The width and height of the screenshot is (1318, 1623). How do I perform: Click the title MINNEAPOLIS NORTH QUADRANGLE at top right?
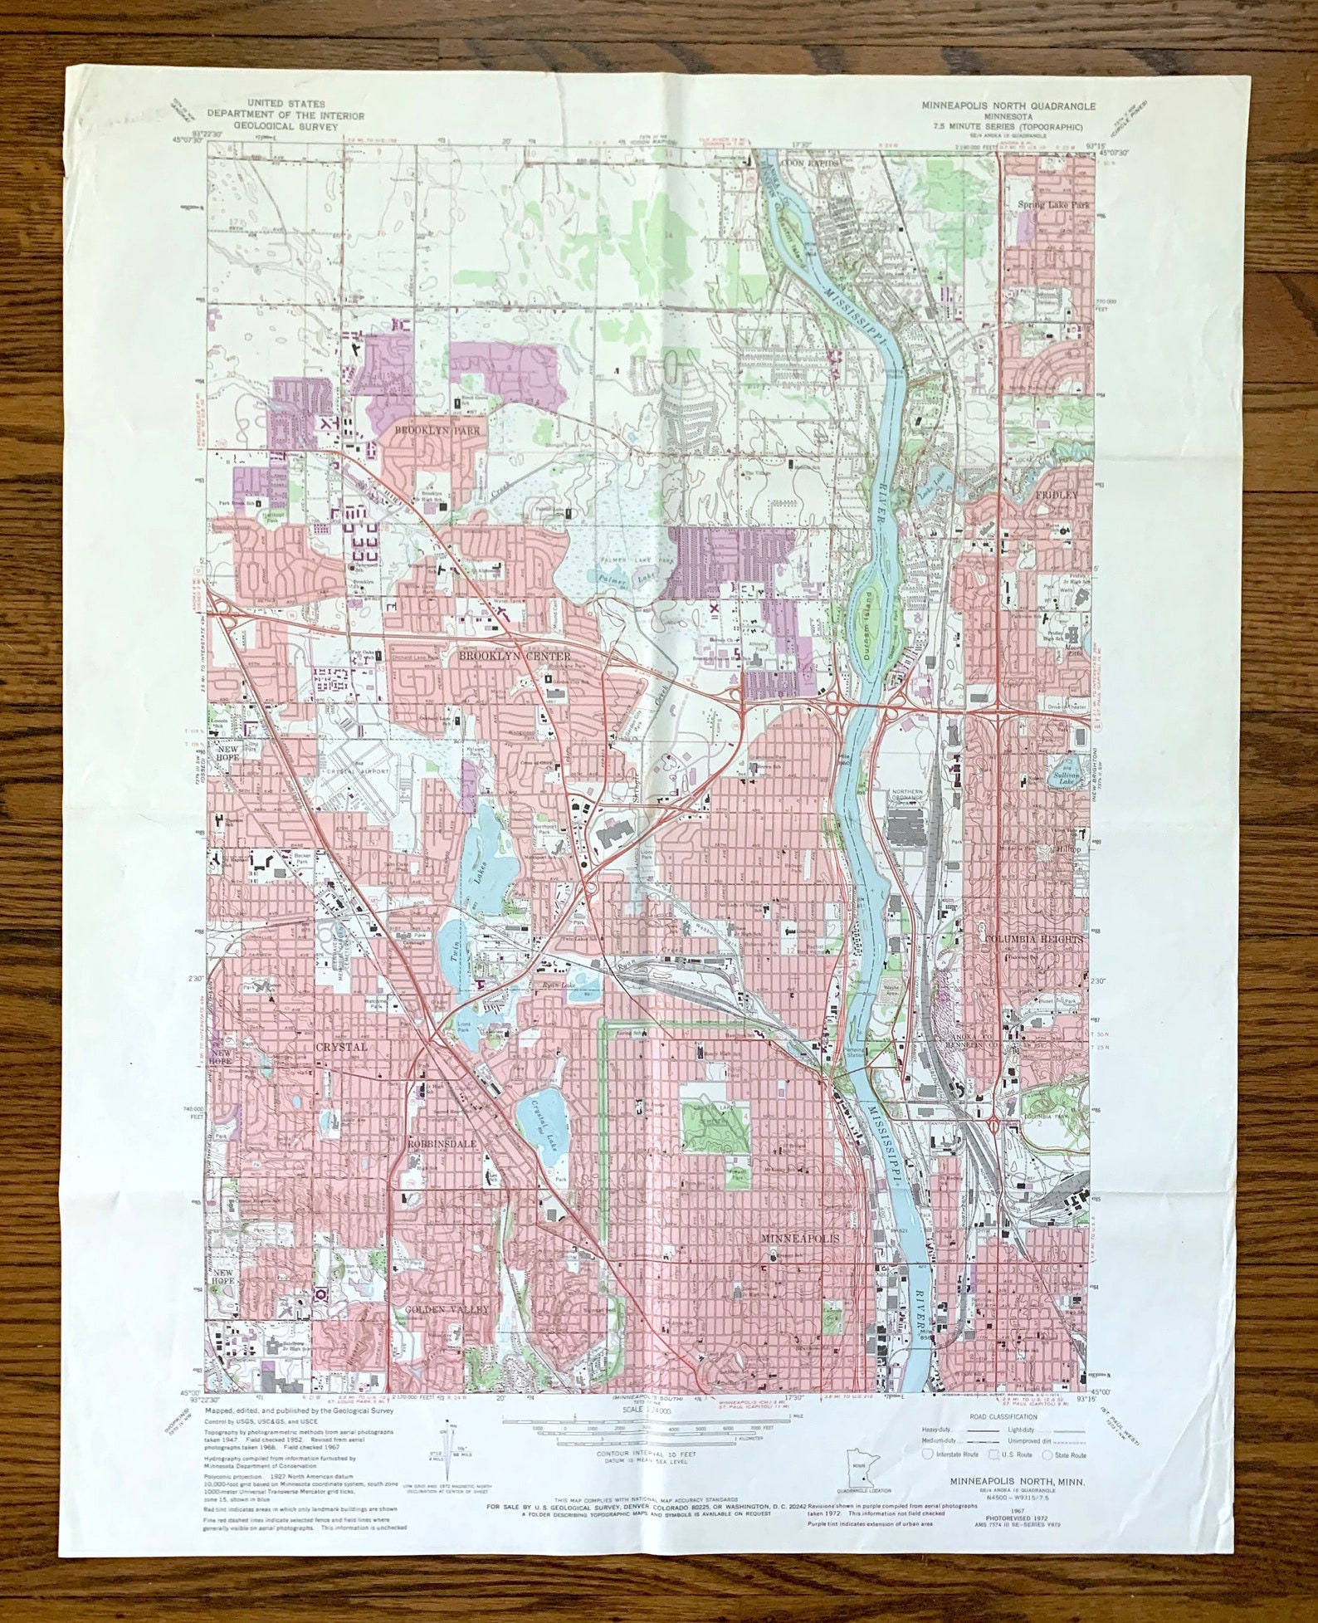(1008, 105)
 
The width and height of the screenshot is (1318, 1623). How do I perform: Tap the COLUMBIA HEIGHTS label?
(1033, 938)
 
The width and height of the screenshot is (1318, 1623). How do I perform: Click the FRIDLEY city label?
(1056, 495)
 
